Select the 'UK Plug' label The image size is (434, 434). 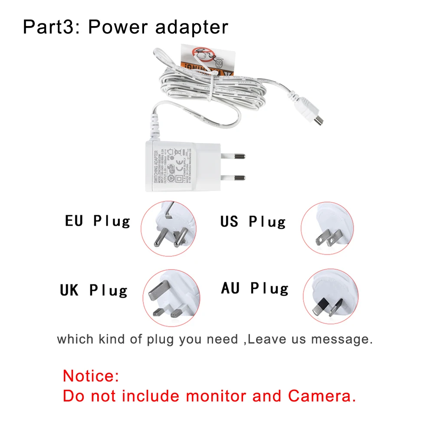(94, 290)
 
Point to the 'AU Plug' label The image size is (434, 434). (255, 288)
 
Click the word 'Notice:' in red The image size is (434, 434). (91, 375)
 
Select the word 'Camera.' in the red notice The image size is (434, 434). (322, 396)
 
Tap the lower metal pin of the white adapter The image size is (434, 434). (233, 177)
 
